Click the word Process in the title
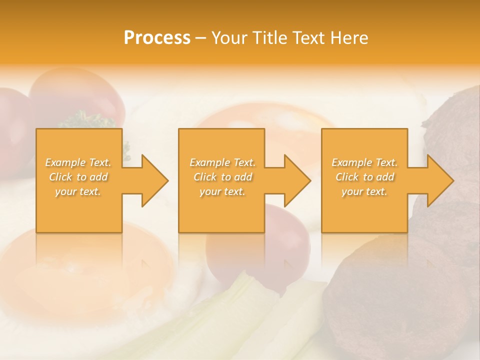coord(157,38)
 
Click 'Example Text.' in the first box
coord(78,162)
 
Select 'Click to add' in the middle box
coord(222,177)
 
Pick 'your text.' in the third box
coord(364,191)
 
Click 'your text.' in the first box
coord(78,191)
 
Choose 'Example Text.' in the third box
coord(364,162)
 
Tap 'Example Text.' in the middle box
coord(222,162)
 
